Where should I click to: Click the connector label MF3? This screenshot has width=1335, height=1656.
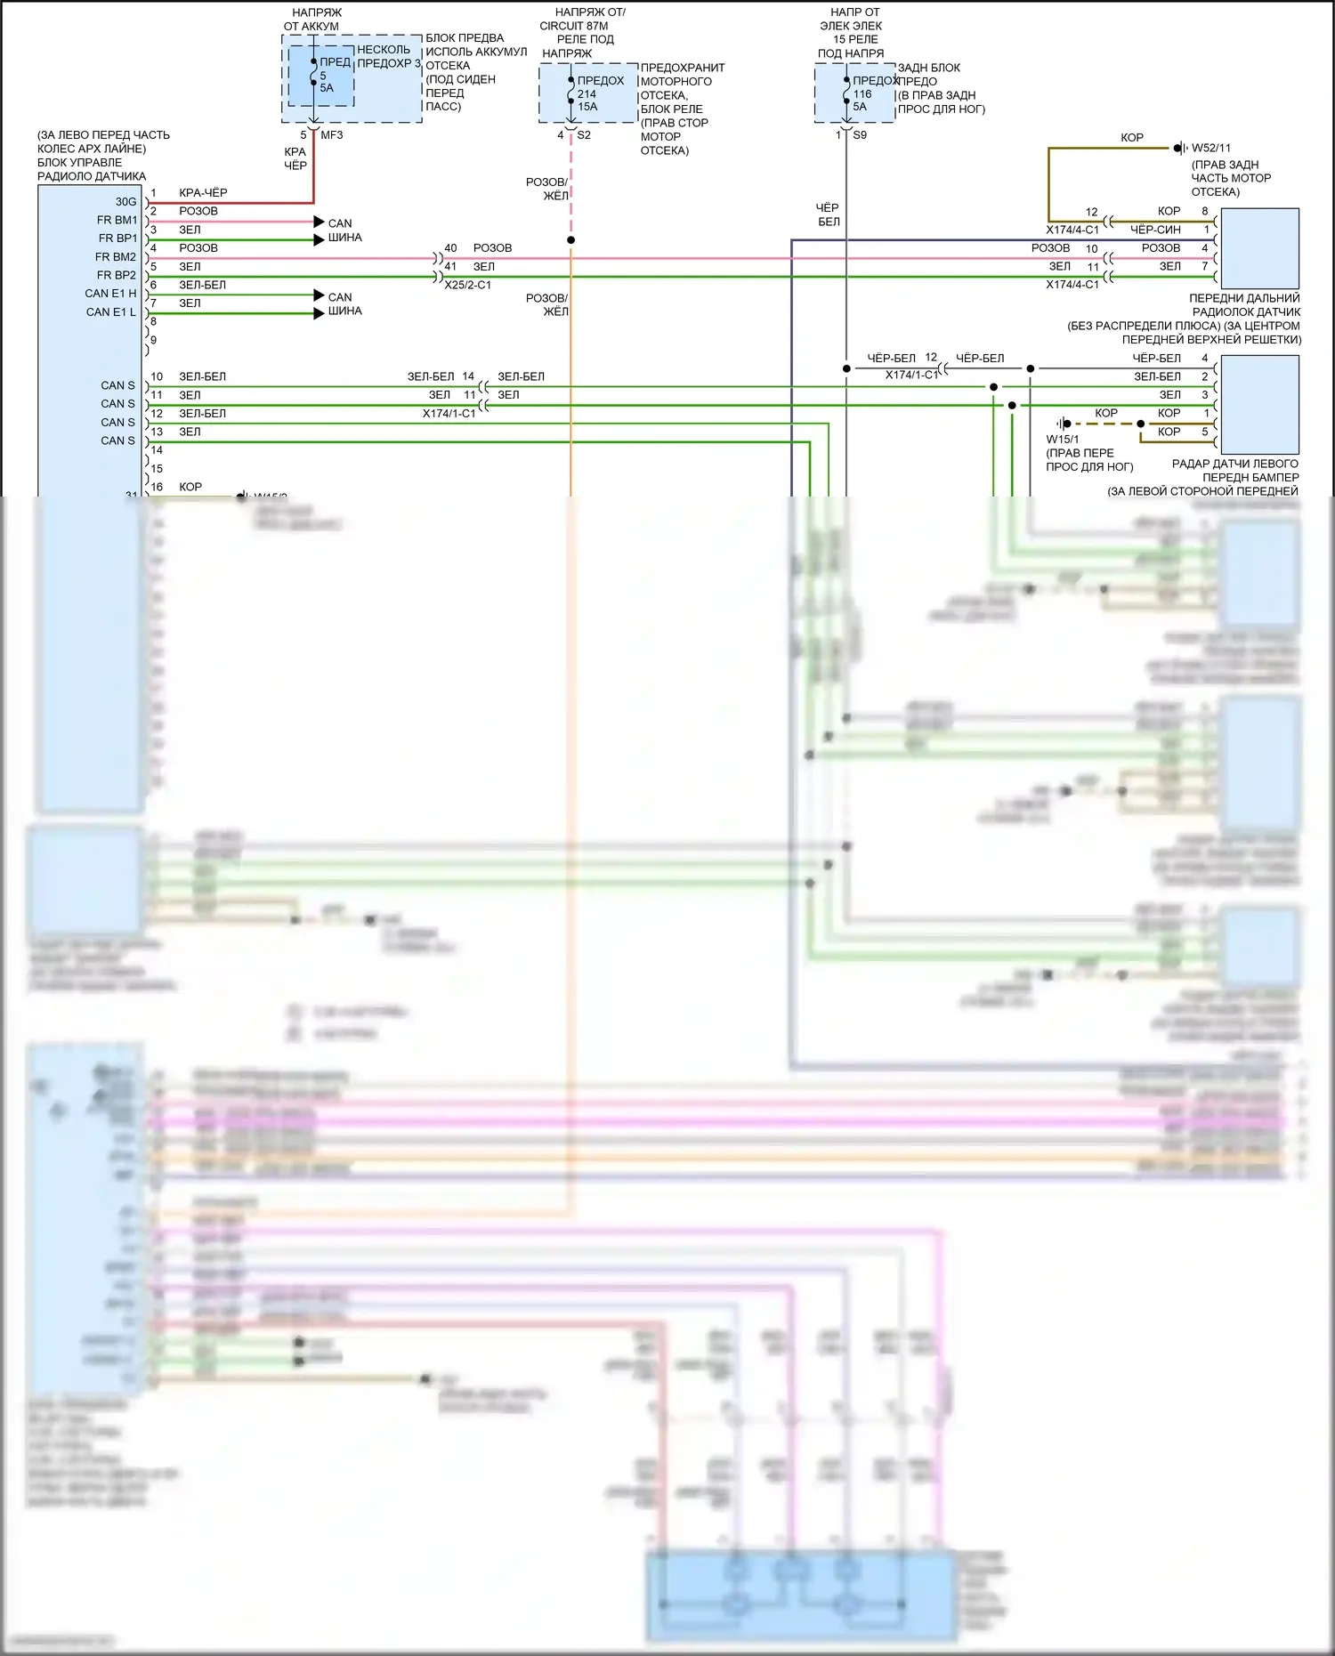(332, 135)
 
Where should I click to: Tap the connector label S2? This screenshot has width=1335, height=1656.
(584, 135)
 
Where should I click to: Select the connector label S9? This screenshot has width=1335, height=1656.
(860, 135)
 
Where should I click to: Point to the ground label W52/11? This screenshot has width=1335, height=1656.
(1211, 148)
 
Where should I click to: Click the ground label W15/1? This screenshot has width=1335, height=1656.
(1062, 439)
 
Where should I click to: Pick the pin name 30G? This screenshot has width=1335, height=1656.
(125, 202)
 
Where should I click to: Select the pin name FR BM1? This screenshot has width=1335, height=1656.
(117, 220)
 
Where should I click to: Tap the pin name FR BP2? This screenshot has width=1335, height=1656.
(117, 275)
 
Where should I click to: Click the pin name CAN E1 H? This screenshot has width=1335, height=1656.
(111, 294)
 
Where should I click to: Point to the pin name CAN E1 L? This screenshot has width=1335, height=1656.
(111, 312)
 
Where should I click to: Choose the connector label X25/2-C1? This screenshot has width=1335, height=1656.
(467, 285)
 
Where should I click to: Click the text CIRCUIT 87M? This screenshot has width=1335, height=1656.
(574, 26)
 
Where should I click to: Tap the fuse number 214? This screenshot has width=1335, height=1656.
(587, 93)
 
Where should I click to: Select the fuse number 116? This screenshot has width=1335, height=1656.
(862, 93)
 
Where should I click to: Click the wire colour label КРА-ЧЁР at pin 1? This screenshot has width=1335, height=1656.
(203, 192)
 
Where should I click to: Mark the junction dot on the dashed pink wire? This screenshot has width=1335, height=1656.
(571, 240)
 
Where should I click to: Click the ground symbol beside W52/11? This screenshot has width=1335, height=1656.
(1180, 148)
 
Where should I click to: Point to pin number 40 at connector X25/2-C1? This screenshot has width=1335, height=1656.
(450, 248)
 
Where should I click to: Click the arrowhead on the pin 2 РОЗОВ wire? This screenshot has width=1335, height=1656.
(319, 222)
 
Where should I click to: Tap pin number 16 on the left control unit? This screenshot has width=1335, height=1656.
(157, 487)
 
